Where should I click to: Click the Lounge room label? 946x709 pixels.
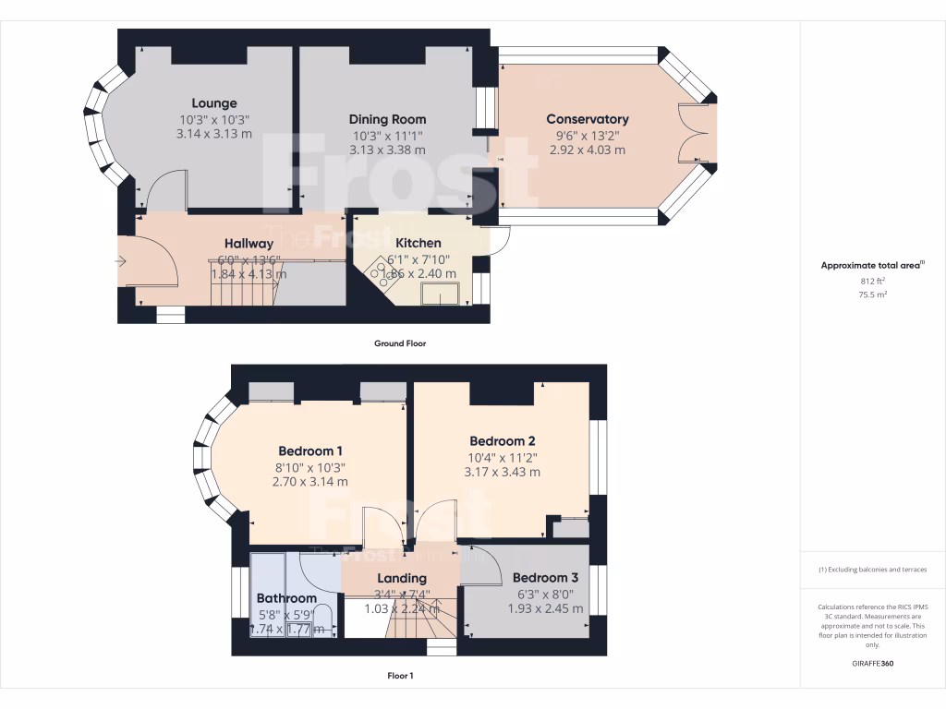click(x=214, y=103)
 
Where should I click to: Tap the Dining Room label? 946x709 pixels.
click(x=387, y=119)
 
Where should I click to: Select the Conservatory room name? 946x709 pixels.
click(x=587, y=119)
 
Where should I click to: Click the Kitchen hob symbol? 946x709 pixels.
click(x=379, y=268)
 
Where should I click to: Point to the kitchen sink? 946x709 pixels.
click(x=442, y=294)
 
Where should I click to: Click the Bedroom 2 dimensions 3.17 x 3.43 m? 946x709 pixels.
click(x=502, y=472)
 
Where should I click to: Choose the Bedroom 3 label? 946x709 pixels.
click(x=545, y=578)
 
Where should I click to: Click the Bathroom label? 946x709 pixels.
click(x=286, y=598)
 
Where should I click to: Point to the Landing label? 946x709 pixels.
click(x=401, y=579)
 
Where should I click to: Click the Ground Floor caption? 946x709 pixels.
click(x=400, y=343)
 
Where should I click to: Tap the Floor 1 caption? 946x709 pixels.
click(x=400, y=676)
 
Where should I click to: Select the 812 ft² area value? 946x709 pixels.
click(x=872, y=281)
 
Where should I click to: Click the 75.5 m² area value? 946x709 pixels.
click(x=872, y=294)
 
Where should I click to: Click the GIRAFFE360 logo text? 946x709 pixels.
click(x=872, y=664)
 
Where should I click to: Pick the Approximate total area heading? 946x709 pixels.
click(x=872, y=265)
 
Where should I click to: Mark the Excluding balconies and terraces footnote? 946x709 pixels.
click(x=872, y=570)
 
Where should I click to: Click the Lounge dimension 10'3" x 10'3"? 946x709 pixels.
click(x=214, y=120)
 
